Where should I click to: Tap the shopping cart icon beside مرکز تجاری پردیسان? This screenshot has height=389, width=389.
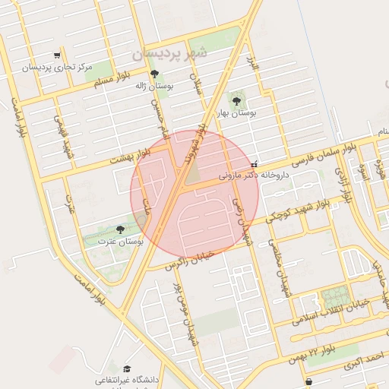(x=57, y=55)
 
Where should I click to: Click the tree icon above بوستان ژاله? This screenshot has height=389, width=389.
(x=155, y=74)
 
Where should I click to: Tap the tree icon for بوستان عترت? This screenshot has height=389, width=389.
(x=119, y=229)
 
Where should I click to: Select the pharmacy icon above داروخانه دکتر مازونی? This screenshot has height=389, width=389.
(x=254, y=163)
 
